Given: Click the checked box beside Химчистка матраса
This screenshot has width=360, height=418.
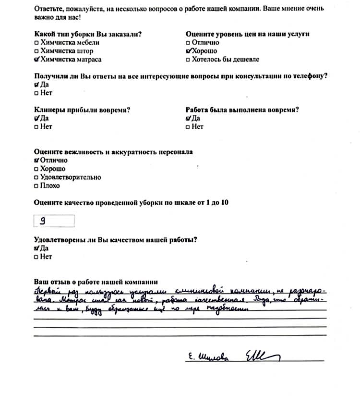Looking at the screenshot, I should click(x=37, y=60).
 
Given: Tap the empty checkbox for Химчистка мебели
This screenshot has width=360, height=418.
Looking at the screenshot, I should click(x=36, y=43).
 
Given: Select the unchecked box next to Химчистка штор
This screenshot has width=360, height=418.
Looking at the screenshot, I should click(x=36, y=51).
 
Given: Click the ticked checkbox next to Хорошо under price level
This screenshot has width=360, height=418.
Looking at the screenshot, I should click(x=188, y=51).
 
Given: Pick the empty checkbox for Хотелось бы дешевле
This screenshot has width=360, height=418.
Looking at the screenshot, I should click(x=188, y=60).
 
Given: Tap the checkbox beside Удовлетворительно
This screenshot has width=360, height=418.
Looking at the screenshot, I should click(x=36, y=178).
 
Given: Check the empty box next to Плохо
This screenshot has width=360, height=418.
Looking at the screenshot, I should click(x=36, y=186).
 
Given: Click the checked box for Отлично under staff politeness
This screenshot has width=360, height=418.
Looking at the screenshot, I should click(x=37, y=160).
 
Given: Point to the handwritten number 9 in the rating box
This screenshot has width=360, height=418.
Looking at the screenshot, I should click(x=43, y=221).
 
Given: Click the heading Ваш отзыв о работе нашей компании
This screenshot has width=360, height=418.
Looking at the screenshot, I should click(x=96, y=282).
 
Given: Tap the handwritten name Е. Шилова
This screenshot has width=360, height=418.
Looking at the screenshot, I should click(x=207, y=357).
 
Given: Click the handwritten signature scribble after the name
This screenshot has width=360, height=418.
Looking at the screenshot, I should click(x=262, y=356).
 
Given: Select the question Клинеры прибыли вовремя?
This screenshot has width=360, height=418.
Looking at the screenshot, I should click(x=82, y=110).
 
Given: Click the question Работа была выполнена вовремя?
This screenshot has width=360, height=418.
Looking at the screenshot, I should click(x=242, y=110).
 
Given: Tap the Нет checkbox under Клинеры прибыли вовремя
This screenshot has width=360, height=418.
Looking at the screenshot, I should click(x=36, y=127).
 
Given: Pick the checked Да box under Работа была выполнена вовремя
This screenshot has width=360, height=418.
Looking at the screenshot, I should click(x=188, y=118).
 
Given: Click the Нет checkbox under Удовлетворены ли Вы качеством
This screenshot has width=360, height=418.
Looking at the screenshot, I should click(x=36, y=257).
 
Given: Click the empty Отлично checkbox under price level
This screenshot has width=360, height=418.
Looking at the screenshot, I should click(x=188, y=43).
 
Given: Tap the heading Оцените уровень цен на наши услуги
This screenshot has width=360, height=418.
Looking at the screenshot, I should click(x=247, y=34).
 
